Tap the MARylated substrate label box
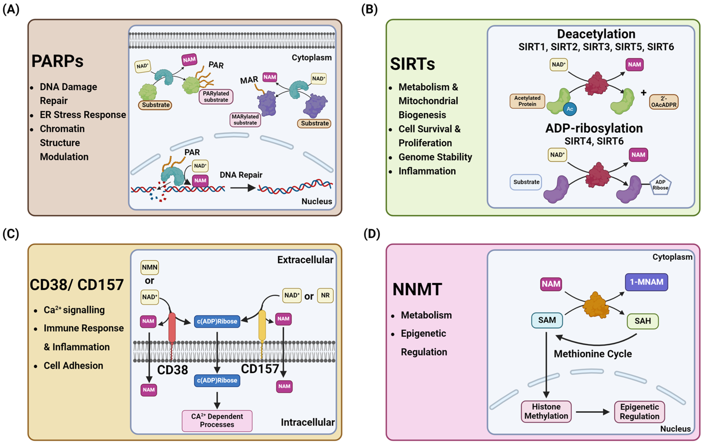(x=245, y=120)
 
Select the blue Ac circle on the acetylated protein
(x=569, y=109)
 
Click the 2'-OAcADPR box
(x=663, y=102)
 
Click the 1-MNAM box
(x=646, y=282)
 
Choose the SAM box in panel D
(x=547, y=320)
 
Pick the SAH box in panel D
(x=643, y=321)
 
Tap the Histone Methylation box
(x=546, y=411)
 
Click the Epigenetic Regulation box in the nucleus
(x=639, y=412)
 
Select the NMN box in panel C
(x=150, y=267)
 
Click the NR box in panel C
(x=325, y=295)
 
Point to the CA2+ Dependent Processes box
(x=217, y=421)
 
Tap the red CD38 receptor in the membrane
(x=172, y=328)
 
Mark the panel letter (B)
(x=369, y=9)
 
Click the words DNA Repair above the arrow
(x=241, y=175)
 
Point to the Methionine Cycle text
(x=593, y=354)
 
